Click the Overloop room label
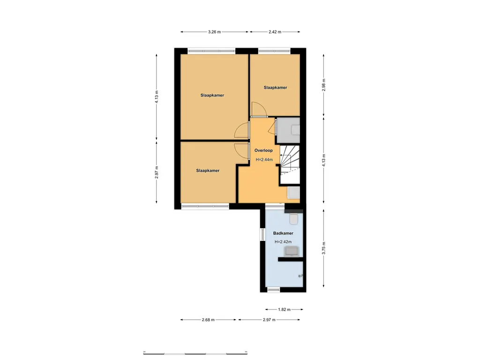coord(263,151)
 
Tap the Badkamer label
coord(283,233)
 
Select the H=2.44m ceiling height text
coord(264,160)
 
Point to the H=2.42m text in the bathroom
coord(283,242)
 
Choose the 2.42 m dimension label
coord(275,32)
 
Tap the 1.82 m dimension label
coord(284,309)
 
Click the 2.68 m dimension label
coord(208,320)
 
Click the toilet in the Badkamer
coord(294,219)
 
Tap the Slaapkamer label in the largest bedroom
coord(210,95)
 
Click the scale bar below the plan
coord(195,352)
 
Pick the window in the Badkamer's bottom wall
coord(273,290)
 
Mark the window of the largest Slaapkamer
coord(211,50)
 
